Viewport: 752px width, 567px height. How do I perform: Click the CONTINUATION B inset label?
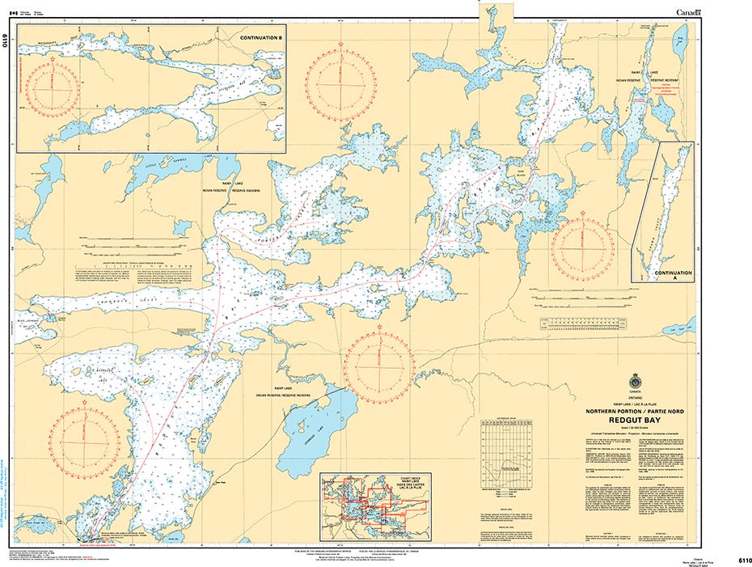pyautogui.click(x=261, y=38)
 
